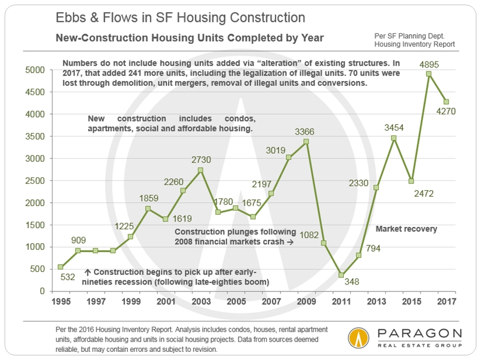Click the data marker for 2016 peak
coord(429,74)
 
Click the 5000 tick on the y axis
coord(36,70)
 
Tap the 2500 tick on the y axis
coord(36,181)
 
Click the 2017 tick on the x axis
coord(445,301)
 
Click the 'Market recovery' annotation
coord(406,229)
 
